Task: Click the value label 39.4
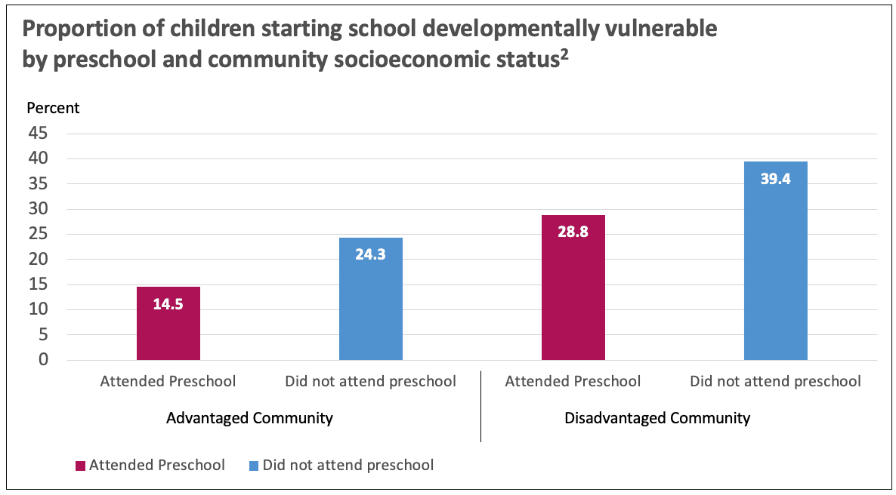click(x=775, y=180)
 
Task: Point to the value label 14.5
click(x=168, y=306)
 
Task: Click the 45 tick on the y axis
click(x=39, y=134)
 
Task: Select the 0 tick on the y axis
click(x=43, y=360)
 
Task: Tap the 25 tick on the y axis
click(x=39, y=234)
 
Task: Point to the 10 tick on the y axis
click(x=39, y=309)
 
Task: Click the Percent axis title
click(x=53, y=108)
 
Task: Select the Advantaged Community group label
click(x=249, y=418)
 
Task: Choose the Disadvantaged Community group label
click(x=657, y=418)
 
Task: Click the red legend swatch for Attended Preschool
click(x=80, y=466)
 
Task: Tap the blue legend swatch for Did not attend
click(x=253, y=466)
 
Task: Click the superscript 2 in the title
click(x=564, y=52)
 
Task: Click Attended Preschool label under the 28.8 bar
click(x=573, y=381)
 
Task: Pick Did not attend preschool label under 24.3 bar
click(x=370, y=381)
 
